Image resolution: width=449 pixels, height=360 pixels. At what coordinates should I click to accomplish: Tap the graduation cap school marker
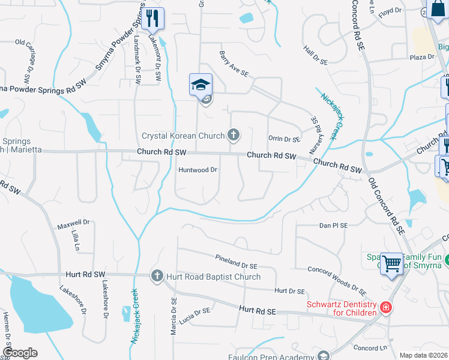coord(201,85)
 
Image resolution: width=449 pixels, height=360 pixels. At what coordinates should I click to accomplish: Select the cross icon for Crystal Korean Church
coord(234,136)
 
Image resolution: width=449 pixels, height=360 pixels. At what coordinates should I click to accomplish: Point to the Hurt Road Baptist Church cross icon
coord(157,276)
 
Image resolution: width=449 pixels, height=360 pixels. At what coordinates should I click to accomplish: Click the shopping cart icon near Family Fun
coord(391,262)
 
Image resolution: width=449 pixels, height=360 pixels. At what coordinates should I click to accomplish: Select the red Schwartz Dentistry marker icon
coord(385,308)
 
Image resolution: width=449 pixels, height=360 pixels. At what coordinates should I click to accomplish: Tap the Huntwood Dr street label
coord(197,170)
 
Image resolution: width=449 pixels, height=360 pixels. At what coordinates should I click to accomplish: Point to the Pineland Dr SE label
coord(236,261)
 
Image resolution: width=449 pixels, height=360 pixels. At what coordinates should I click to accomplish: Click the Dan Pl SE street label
coord(333,226)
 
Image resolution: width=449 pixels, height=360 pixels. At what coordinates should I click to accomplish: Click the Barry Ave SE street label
coord(234,64)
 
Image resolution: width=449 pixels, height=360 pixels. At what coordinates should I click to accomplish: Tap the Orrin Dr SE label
coord(284,139)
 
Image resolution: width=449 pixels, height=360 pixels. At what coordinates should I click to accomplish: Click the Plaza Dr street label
coord(421,57)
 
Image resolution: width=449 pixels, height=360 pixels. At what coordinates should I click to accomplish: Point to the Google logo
coord(20,353)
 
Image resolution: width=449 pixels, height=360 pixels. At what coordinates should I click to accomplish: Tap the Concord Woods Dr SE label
coord(336,281)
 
